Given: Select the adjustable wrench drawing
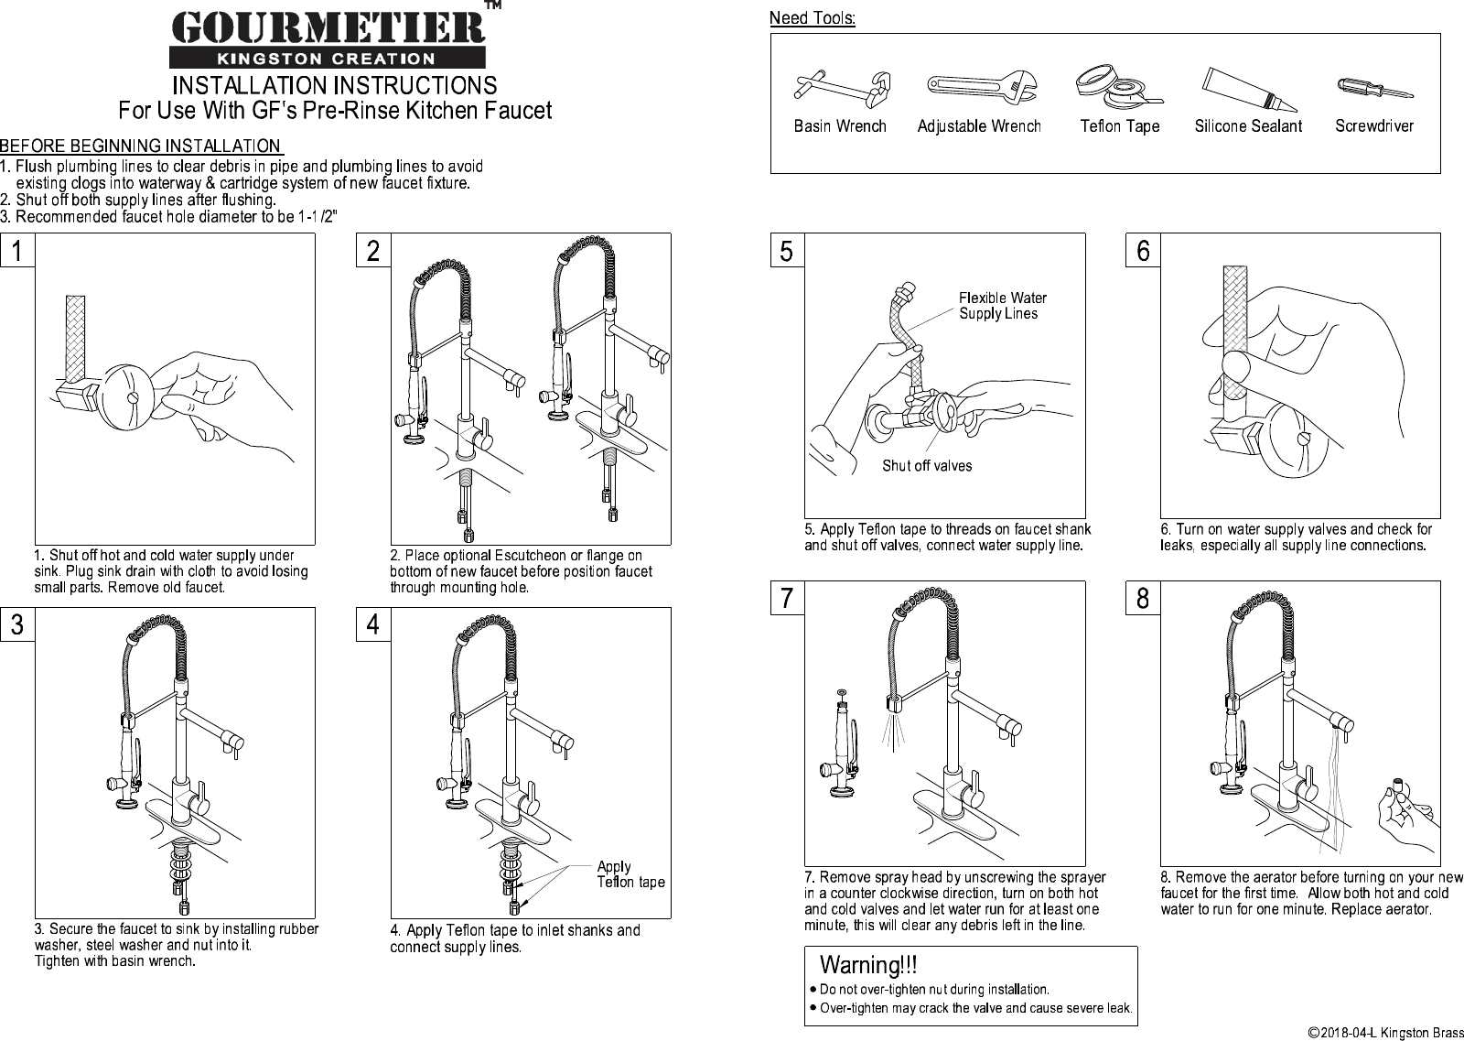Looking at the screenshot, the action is (980, 87).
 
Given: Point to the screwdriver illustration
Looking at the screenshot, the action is (1373, 89).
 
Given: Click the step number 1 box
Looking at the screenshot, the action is (17, 250).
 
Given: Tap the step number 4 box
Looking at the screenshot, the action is (373, 624).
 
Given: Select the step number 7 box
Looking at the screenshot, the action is (787, 598).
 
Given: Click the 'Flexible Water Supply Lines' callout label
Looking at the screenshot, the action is (1002, 306).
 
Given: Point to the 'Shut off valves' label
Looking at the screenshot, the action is (927, 466).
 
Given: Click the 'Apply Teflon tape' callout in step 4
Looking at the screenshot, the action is (630, 874).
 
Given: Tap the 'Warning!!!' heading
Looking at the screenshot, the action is (868, 965).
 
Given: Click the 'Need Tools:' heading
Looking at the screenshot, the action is (812, 18).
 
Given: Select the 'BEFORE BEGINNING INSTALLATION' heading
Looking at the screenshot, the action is (141, 146).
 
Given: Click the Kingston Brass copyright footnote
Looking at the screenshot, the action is (1384, 1033).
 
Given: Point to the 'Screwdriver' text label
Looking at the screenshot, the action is (1373, 126).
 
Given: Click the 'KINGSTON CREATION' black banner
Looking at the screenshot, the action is (328, 59).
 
